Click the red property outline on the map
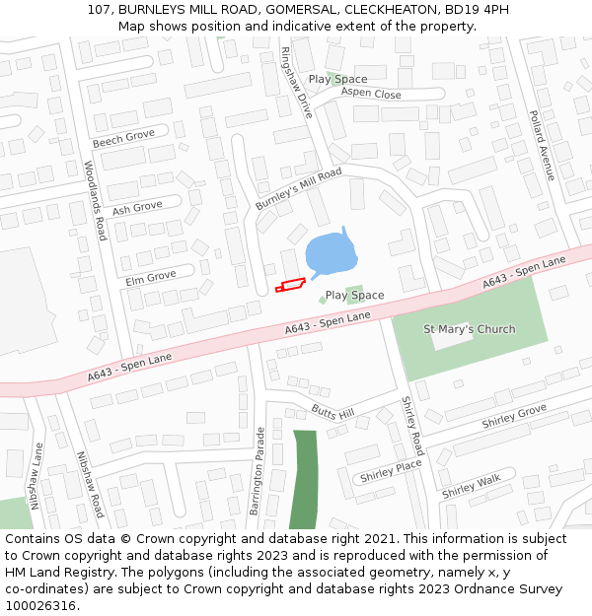[x=288, y=286]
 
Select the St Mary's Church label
[x=469, y=329]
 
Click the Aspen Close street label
[x=371, y=95]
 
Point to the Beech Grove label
[x=123, y=137]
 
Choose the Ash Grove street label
[x=136, y=209]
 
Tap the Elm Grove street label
[x=150, y=278]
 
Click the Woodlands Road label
[x=95, y=201]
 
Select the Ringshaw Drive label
[x=296, y=83]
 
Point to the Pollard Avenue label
[x=542, y=146]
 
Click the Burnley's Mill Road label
[x=298, y=188]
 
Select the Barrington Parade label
[x=257, y=471]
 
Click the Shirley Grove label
[x=513, y=417]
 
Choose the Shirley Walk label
[x=472, y=486]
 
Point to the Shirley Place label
[x=391, y=471]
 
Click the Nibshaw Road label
[x=90, y=485]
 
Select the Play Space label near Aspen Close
[x=337, y=79]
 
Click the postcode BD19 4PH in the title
[x=478, y=9]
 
